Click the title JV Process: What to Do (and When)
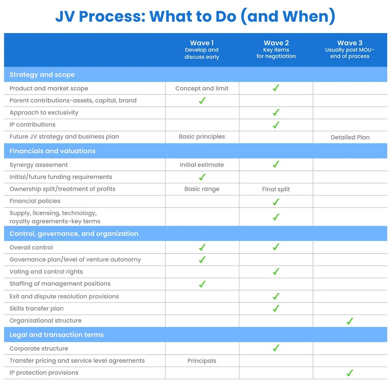point(195,16)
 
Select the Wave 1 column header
point(202,50)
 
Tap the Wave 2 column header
point(276,49)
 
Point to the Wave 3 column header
point(350,49)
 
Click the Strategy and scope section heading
point(42,75)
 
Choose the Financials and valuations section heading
point(52,151)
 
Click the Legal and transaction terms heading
point(56,335)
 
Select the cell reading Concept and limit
point(202,88)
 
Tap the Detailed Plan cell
point(350,137)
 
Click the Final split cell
point(276,189)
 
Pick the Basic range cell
point(202,189)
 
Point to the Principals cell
point(202,361)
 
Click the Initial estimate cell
point(202,165)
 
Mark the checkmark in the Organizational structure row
point(350,321)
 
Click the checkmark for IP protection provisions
point(350,373)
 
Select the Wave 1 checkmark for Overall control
point(202,247)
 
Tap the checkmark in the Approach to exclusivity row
point(276,113)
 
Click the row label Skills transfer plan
point(36,309)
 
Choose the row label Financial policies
point(35,201)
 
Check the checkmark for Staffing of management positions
point(202,284)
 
